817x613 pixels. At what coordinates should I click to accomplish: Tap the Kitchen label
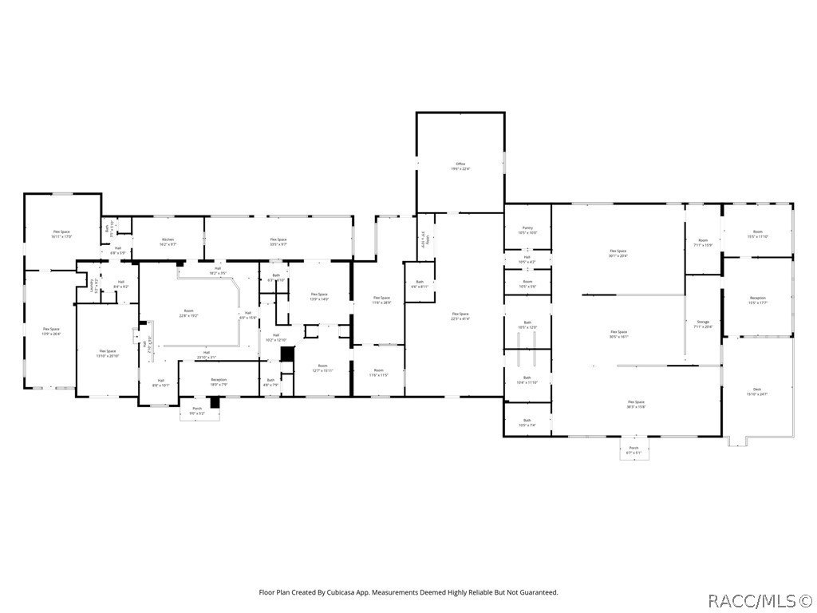168,241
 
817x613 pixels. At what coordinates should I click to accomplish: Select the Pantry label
527,230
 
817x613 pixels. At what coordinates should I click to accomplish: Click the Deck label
757,391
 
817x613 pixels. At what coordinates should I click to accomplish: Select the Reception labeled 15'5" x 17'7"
757,299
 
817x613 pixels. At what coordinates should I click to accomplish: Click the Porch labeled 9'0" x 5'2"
197,410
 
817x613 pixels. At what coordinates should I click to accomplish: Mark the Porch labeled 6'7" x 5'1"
633,449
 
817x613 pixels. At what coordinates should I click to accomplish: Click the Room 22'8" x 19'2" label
188,312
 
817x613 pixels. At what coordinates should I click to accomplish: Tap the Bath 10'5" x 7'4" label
527,421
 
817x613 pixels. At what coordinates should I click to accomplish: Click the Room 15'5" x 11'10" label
757,234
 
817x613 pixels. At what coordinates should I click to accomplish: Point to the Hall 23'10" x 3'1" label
206,354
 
